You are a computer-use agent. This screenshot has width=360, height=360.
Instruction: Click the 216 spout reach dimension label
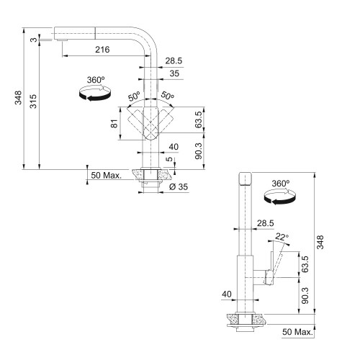click(102, 50)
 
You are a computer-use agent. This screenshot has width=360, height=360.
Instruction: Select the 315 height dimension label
click(33, 102)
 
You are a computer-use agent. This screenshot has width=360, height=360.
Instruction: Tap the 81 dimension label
click(115, 123)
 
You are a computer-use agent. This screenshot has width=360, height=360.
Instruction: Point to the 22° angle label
click(282, 237)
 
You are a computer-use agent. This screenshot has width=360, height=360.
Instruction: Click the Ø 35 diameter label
click(179, 186)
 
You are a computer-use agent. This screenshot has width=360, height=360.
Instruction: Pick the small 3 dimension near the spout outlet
click(35, 40)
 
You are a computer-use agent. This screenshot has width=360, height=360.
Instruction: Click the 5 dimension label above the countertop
click(170, 159)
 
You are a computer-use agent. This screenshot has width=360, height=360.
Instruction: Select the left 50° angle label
click(134, 96)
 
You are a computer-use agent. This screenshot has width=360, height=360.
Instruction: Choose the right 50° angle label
click(168, 96)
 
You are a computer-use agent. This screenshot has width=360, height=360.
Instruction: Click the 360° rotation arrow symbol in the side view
click(279, 198)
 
